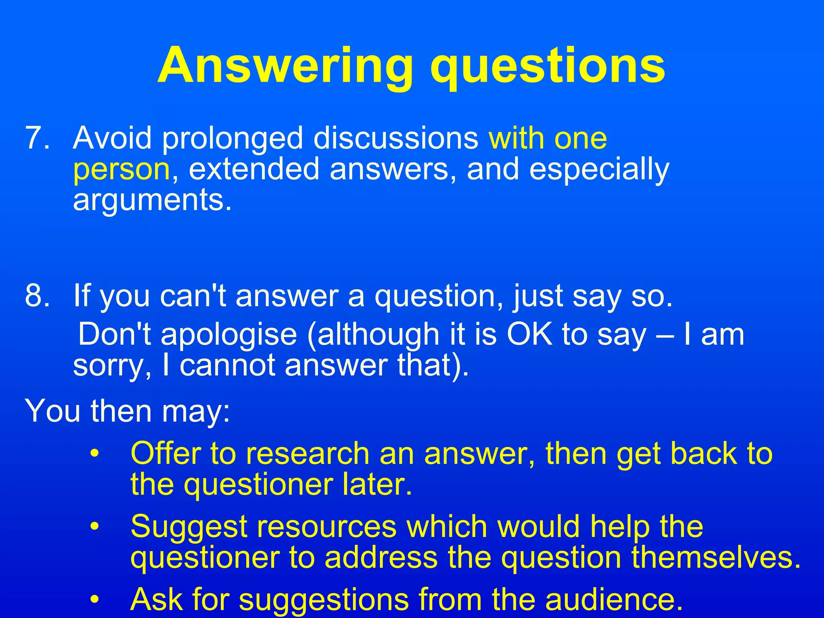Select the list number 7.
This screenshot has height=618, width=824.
tap(37, 138)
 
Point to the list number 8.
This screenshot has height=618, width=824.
tap(37, 296)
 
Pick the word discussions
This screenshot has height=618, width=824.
tap(396, 138)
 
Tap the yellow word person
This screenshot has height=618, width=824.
tap(122, 170)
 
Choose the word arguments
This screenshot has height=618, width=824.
tap(152, 201)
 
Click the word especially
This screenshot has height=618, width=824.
tap(599, 170)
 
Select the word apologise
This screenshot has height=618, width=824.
tap(229, 335)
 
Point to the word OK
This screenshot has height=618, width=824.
tap(529, 334)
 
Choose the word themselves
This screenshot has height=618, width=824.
tap(716, 558)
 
